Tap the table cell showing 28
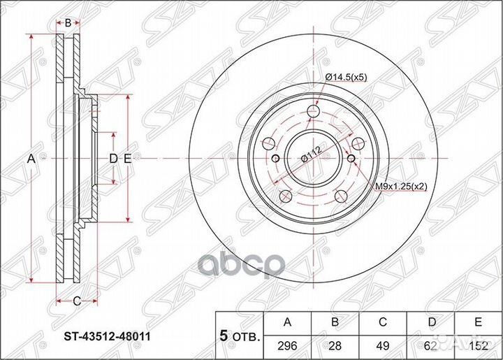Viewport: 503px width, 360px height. (x=335, y=345)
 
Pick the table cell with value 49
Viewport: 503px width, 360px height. (x=384, y=345)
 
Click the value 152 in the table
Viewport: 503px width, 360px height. (x=479, y=345)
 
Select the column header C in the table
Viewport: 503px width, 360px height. (x=384, y=322)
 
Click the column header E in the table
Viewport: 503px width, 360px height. (x=479, y=322)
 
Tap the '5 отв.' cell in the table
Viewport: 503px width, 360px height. (x=239, y=336)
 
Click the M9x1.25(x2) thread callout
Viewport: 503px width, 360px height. (x=400, y=187)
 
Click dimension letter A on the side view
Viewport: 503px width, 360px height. (x=31, y=159)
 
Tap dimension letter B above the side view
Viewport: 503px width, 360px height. (x=68, y=24)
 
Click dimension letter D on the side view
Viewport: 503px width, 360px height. (x=113, y=159)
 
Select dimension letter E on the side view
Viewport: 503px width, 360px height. (x=128, y=159)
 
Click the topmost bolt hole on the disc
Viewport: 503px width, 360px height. (x=312, y=110)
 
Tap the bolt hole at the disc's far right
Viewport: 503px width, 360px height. (x=358, y=143)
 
